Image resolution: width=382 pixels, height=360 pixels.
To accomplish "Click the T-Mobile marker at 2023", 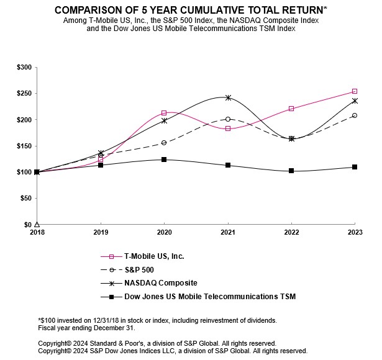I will click(x=354, y=91).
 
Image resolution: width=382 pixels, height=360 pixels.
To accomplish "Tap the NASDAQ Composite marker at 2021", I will click(x=228, y=97).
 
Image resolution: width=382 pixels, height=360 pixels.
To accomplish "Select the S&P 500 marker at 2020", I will click(x=164, y=143).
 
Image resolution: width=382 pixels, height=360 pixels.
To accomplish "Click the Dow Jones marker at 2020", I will click(x=164, y=160).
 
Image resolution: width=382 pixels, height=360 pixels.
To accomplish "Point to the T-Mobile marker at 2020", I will click(x=164, y=113).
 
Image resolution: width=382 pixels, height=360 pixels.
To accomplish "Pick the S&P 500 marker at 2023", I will click(x=354, y=115).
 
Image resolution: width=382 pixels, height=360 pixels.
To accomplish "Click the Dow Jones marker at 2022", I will click(x=291, y=171).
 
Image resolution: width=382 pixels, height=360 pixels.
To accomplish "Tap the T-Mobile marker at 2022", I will click(x=291, y=109).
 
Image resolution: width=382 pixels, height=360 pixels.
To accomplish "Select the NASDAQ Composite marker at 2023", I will click(x=354, y=101).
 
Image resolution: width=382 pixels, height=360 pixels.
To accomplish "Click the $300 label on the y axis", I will click(x=24, y=67).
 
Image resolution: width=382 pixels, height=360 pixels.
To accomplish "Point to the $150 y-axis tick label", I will click(x=24, y=146).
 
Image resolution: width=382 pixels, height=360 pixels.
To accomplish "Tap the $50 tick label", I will click(x=25, y=199).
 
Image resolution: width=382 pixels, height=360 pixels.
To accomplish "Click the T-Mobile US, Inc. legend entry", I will click(x=154, y=256).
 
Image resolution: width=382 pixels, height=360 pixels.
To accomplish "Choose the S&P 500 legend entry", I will click(x=139, y=269).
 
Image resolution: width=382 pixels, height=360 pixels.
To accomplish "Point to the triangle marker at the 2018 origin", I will click(x=37, y=225).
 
